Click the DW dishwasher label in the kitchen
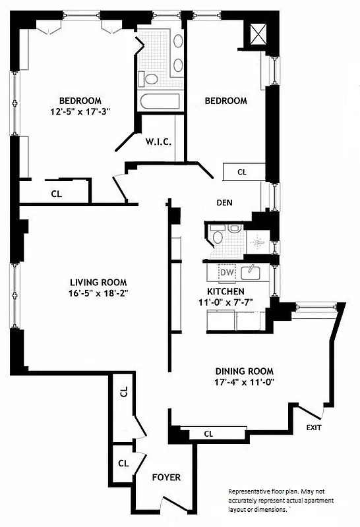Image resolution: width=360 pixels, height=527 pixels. tap(227, 272)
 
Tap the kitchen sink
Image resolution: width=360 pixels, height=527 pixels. tap(250, 271)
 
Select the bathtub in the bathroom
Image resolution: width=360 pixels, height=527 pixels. tap(159, 102)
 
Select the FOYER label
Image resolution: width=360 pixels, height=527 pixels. tap(167, 477)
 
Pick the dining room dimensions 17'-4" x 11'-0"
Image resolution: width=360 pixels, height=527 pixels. tap(243, 382)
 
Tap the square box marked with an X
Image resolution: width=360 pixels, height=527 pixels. tap(258, 33)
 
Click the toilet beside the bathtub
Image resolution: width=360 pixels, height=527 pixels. tap(151, 79)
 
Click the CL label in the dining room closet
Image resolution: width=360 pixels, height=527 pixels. tap(208, 434)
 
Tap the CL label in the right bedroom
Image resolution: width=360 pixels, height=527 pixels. tap(242, 172)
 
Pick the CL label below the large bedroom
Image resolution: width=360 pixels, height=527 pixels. tap(57, 194)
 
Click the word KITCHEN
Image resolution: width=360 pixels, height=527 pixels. tap(226, 291)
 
